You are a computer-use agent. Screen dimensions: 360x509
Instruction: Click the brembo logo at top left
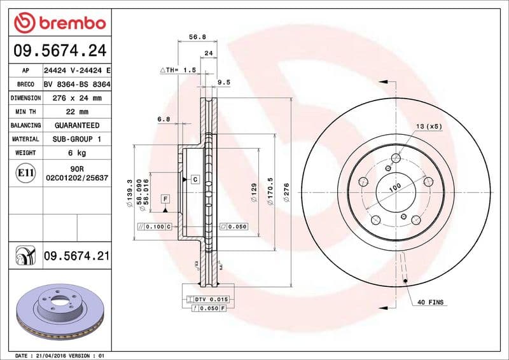click(x=59, y=24)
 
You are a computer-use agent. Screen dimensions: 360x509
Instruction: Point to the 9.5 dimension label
click(x=224, y=82)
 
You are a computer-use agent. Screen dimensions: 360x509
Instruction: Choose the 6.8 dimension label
click(x=164, y=119)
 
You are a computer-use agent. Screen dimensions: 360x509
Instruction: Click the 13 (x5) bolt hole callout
click(x=429, y=127)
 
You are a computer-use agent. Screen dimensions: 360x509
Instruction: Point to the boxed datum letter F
click(x=165, y=198)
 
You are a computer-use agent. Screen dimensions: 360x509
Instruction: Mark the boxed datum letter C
click(x=195, y=180)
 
